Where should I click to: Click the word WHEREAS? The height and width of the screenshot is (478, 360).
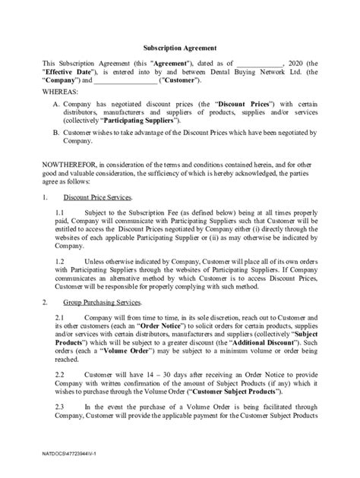click(x=62, y=90)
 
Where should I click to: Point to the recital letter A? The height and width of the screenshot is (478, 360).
click(x=57, y=102)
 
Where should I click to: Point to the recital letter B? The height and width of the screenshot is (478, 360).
click(x=57, y=132)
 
